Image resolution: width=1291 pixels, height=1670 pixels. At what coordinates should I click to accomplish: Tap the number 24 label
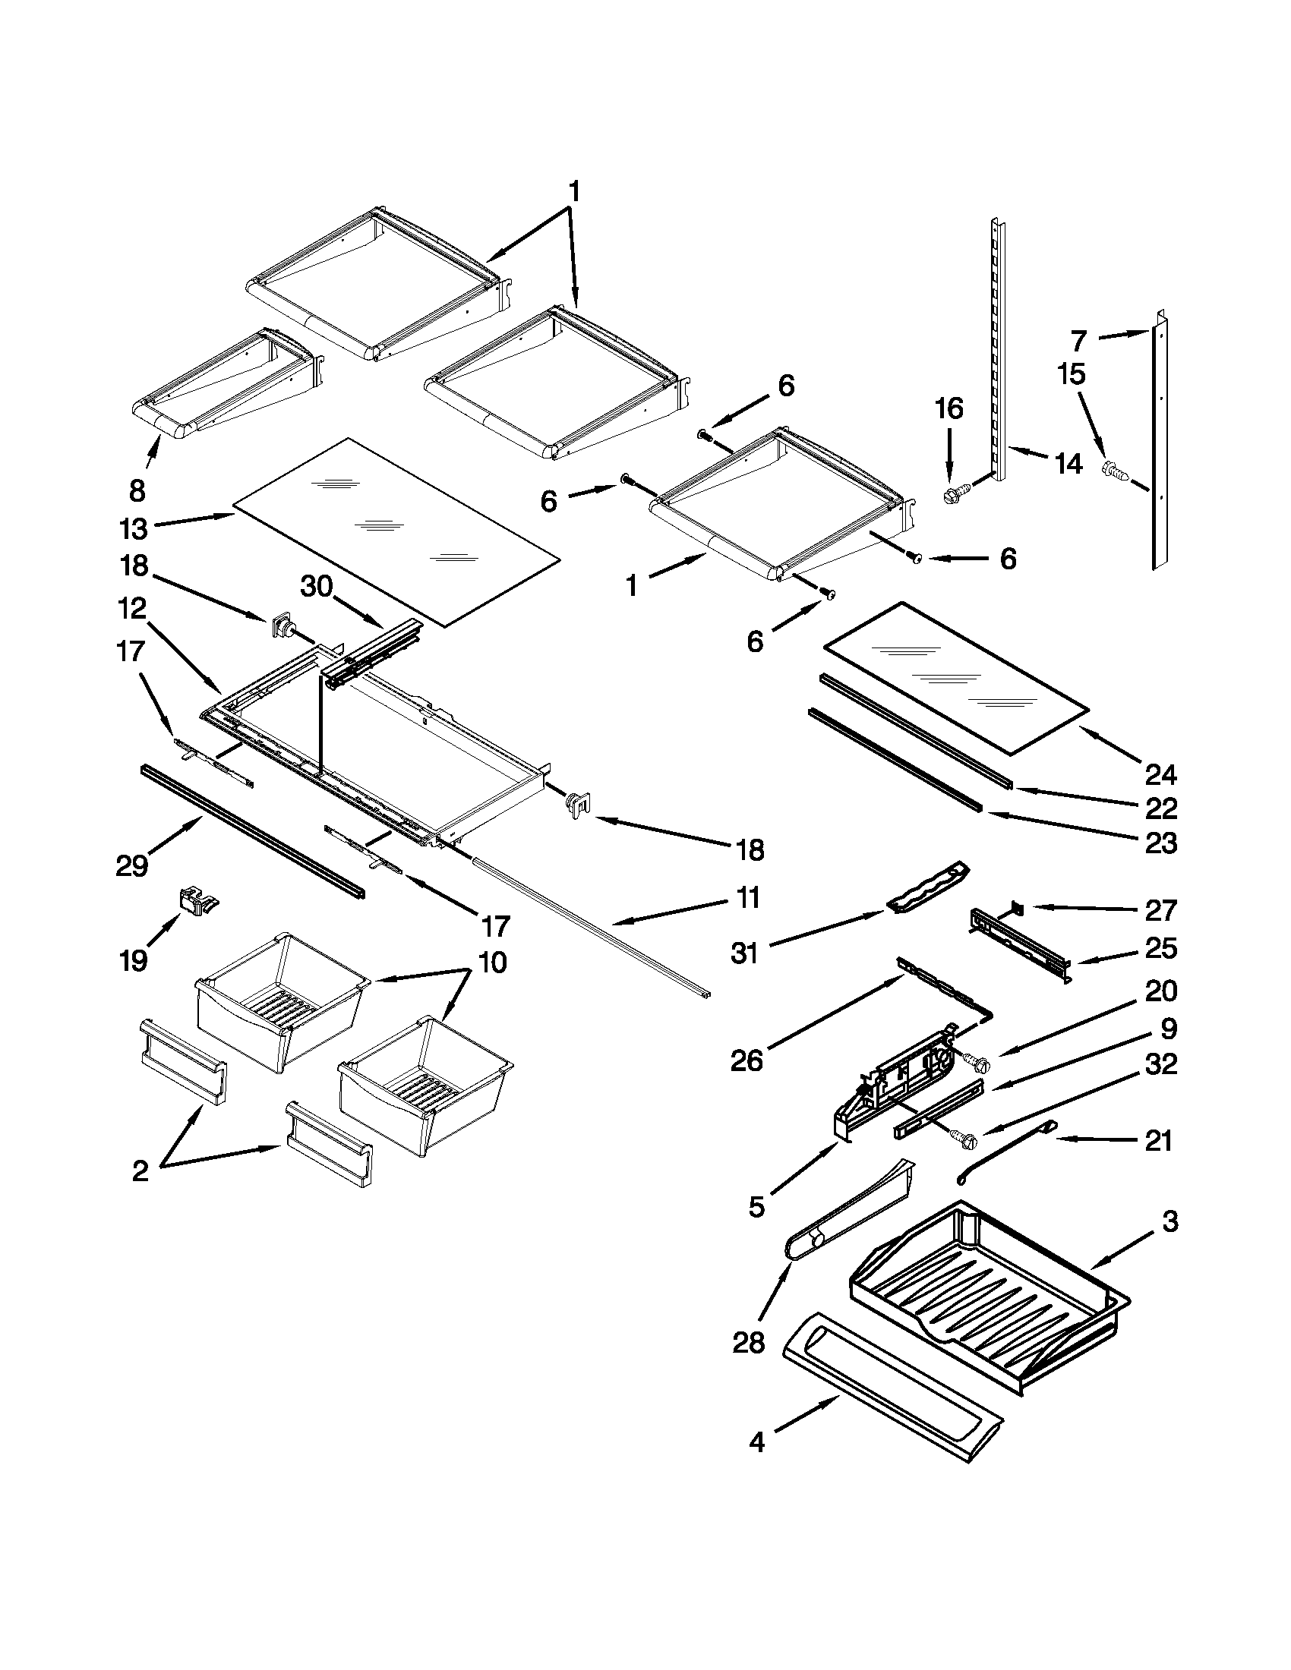tap(1160, 774)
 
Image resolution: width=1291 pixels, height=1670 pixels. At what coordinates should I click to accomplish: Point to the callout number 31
tap(744, 953)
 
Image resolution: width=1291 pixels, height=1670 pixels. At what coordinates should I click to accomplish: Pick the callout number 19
tap(134, 961)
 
